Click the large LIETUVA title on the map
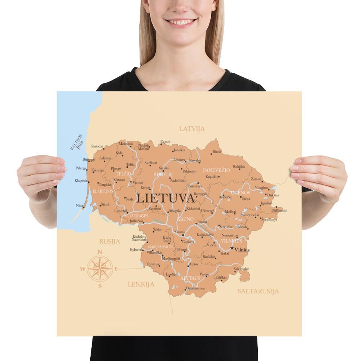click(x=165, y=198)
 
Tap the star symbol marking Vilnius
click(x=232, y=248)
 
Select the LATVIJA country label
click(x=192, y=129)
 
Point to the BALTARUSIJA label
click(x=258, y=291)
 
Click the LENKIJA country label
click(x=141, y=284)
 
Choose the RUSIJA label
click(x=109, y=241)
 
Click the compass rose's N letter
click(x=100, y=252)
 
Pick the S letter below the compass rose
click(x=100, y=286)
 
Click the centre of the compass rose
click(x=100, y=268)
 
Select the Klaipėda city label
click(x=81, y=181)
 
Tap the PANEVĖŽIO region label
click(x=216, y=170)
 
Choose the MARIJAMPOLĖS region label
click(x=160, y=247)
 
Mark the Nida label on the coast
click(x=79, y=205)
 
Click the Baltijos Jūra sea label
click(x=77, y=142)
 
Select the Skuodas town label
click(x=97, y=146)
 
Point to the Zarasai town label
click(x=256, y=179)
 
